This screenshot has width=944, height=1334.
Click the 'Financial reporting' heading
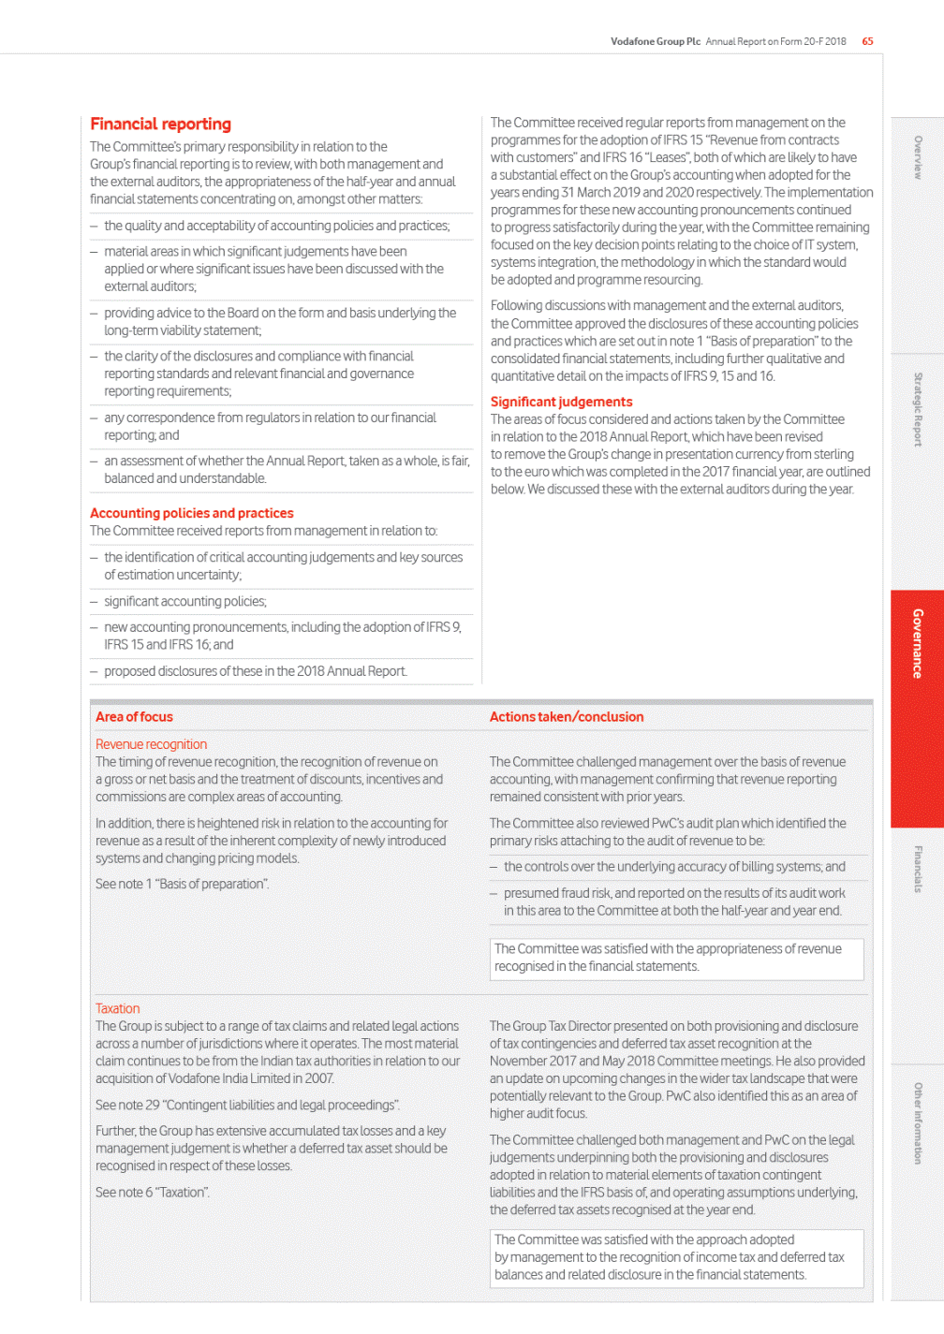point(160,125)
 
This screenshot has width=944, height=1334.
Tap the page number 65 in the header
point(868,41)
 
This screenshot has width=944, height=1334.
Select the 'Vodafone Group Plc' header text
point(655,41)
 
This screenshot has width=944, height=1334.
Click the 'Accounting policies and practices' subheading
point(192,513)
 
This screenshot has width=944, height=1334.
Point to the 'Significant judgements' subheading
point(561,402)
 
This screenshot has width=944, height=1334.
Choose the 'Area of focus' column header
point(134,717)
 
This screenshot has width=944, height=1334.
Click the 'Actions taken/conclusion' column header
point(567,717)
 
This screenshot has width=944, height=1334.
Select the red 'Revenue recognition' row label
point(151,744)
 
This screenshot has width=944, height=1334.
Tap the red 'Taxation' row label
point(117,1008)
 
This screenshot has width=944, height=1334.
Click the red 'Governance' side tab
point(917,644)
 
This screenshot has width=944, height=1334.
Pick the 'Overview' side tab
point(917,157)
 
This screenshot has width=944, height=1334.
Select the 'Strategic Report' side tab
point(917,410)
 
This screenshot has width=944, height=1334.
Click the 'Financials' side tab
point(917,869)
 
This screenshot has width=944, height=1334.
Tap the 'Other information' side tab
point(917,1123)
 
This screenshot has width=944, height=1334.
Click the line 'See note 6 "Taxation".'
point(153,1193)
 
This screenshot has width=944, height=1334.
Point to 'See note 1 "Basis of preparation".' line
point(182,884)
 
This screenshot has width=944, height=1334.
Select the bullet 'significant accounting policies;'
point(185,601)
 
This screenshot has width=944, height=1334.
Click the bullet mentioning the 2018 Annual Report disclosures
point(256,671)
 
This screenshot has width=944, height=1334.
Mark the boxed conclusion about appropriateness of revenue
point(676,958)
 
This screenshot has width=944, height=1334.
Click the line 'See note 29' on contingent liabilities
point(247,1105)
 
